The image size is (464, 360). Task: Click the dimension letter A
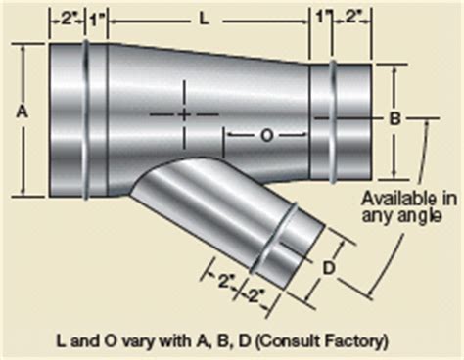click(x=23, y=112)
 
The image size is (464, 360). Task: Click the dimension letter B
click(x=395, y=118)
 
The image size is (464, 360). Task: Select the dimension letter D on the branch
click(x=329, y=268)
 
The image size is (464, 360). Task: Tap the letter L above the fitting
click(x=204, y=20)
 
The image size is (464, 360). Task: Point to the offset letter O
click(x=267, y=136)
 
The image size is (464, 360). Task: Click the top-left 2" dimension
click(x=67, y=19)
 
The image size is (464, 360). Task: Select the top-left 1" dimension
click(x=96, y=21)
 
